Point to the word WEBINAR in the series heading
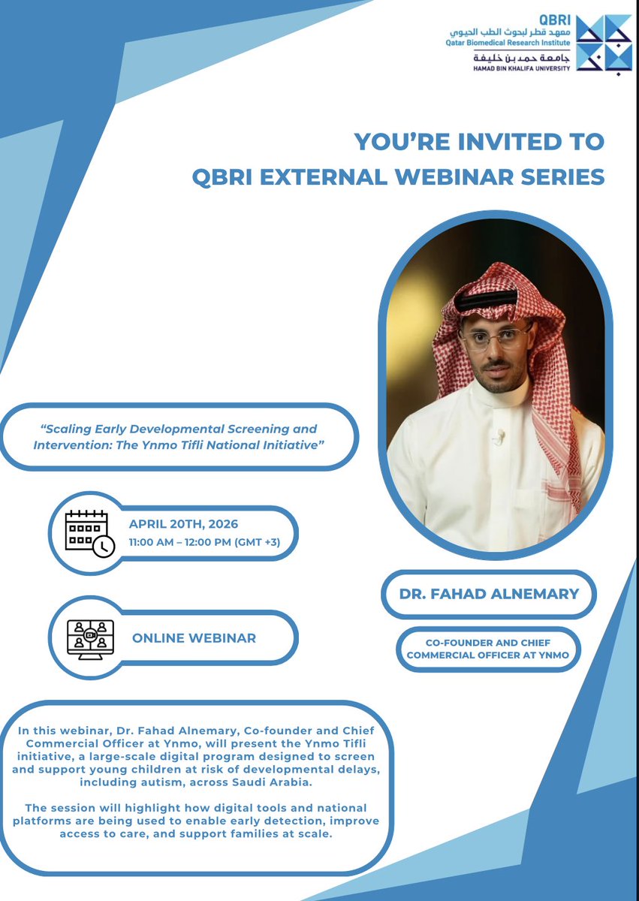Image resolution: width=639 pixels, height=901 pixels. point(465,176)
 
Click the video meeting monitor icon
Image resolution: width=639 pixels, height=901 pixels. point(90,639)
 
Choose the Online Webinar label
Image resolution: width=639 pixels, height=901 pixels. point(194,638)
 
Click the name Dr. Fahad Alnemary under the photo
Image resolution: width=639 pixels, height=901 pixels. point(490,594)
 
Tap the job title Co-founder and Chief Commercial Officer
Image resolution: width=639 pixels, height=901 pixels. point(488,649)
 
